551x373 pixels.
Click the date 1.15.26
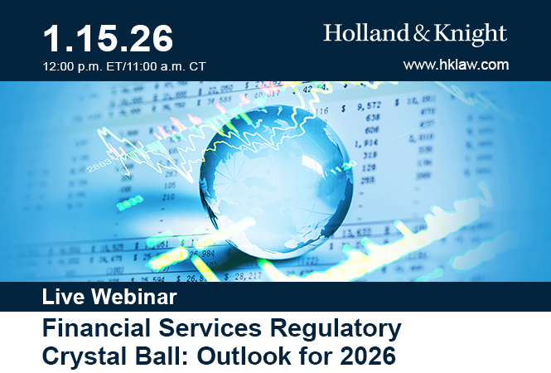(x=108, y=37)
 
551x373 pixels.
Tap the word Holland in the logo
(x=362, y=34)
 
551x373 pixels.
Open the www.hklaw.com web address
(x=456, y=64)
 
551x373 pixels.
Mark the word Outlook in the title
(x=239, y=357)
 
